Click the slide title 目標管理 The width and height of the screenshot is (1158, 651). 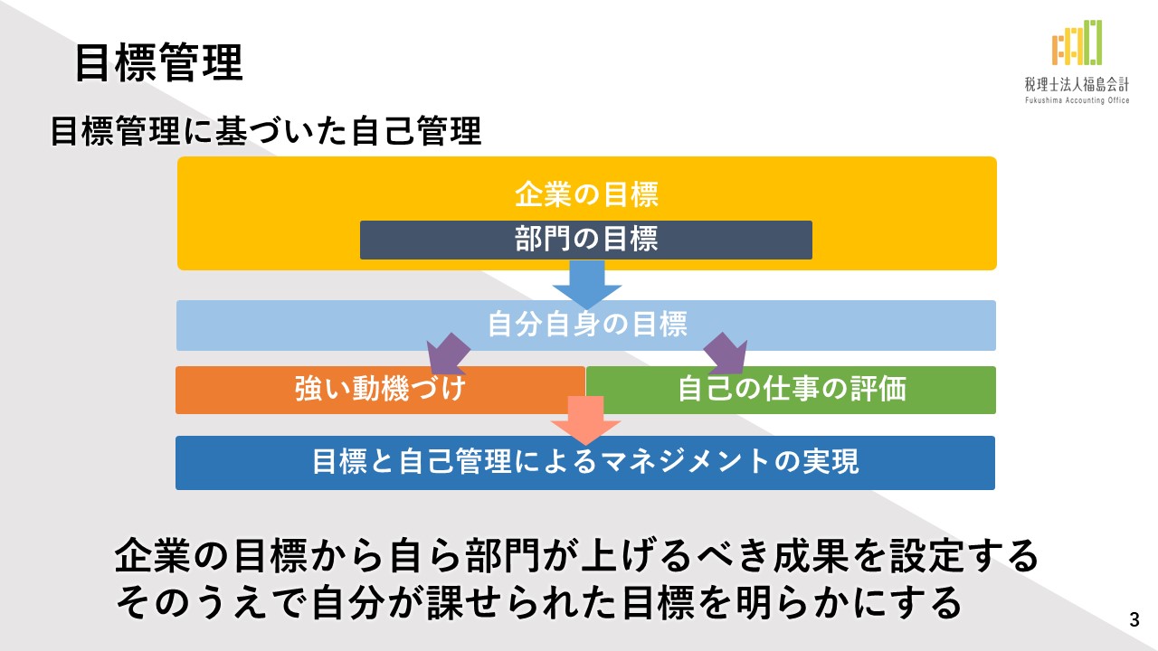(159, 62)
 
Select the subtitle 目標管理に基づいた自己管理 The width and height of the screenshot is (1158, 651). (266, 131)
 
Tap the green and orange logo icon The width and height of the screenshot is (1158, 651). (1077, 42)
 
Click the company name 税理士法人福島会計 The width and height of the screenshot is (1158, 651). (1077, 84)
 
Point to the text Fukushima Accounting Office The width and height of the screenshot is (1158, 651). (1077, 100)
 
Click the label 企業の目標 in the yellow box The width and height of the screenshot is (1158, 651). (587, 194)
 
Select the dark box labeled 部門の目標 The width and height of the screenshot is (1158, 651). (586, 240)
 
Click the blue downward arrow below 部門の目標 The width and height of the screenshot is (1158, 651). (587, 285)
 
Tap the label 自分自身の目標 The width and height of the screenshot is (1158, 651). (587, 324)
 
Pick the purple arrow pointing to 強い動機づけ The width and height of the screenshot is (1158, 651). (448, 354)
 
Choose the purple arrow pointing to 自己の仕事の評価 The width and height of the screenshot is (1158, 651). (726, 354)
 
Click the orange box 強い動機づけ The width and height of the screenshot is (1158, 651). (380, 390)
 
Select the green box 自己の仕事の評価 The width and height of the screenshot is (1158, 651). (791, 390)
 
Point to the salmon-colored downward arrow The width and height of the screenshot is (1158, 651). (585, 420)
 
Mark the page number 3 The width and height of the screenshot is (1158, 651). (1134, 619)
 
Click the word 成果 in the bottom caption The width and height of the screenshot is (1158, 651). (811, 556)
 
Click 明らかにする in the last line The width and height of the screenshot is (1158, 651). (848, 602)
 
